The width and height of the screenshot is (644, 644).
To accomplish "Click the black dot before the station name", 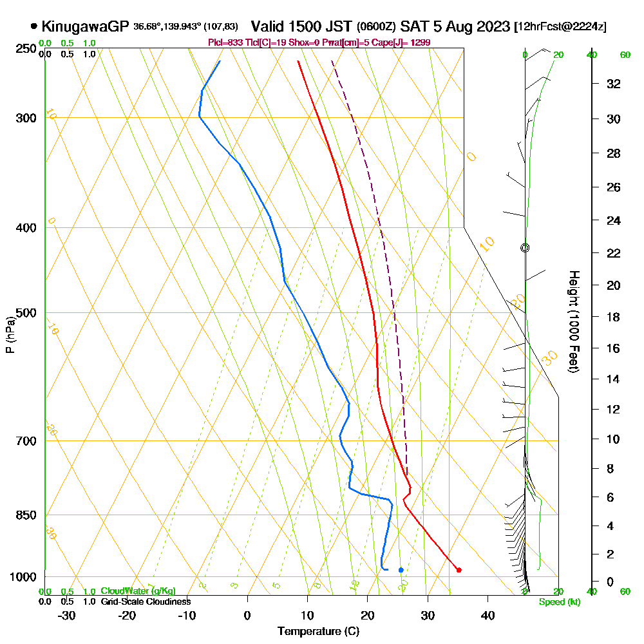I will (33, 27).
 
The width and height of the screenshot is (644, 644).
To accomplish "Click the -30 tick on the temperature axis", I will (67, 615).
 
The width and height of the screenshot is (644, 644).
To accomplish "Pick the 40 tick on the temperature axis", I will (488, 615).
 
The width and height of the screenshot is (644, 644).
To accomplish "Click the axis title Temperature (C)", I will (318, 632).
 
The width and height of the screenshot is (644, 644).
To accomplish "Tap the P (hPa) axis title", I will (10, 335).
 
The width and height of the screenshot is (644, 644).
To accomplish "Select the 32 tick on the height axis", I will (613, 84).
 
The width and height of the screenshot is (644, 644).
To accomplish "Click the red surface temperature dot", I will (459, 570).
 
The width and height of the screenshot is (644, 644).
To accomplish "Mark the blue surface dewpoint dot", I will (401, 570).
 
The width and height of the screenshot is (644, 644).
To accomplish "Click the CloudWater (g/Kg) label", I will (137, 591).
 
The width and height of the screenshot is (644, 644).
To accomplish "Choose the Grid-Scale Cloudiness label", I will (145, 601).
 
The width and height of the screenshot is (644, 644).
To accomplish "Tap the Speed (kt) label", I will (558, 602).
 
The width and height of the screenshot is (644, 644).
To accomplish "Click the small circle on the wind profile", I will (525, 247).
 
